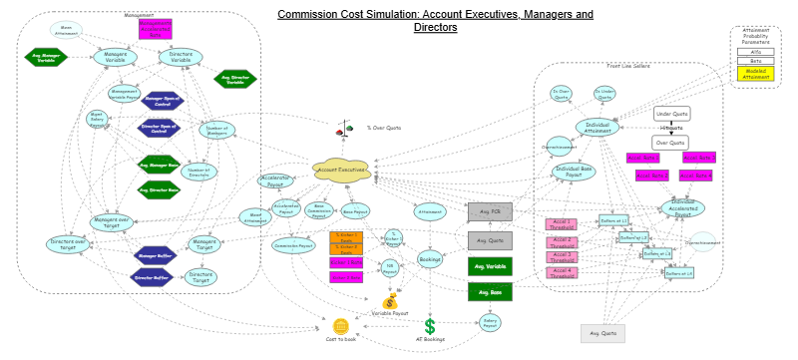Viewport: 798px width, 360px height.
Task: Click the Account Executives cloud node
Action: pos(342,171)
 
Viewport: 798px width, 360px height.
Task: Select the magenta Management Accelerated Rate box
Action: pos(155,30)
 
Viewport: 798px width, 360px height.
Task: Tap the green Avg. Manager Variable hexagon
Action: pos(46,58)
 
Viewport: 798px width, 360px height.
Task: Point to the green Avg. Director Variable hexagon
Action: pos(236,79)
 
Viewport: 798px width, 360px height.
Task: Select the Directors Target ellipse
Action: pos(200,276)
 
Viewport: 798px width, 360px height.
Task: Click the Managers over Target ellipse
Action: pos(111,220)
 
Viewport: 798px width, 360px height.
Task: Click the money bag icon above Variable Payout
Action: pos(390,300)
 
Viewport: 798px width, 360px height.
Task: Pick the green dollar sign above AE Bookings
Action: pos(430,325)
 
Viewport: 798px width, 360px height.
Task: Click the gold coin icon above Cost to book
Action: pos(340,326)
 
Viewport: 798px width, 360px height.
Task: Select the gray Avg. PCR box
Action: pos(490,211)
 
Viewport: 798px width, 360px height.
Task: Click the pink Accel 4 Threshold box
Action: pos(562,272)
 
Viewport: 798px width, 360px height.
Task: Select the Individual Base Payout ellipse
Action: pos(580,172)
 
